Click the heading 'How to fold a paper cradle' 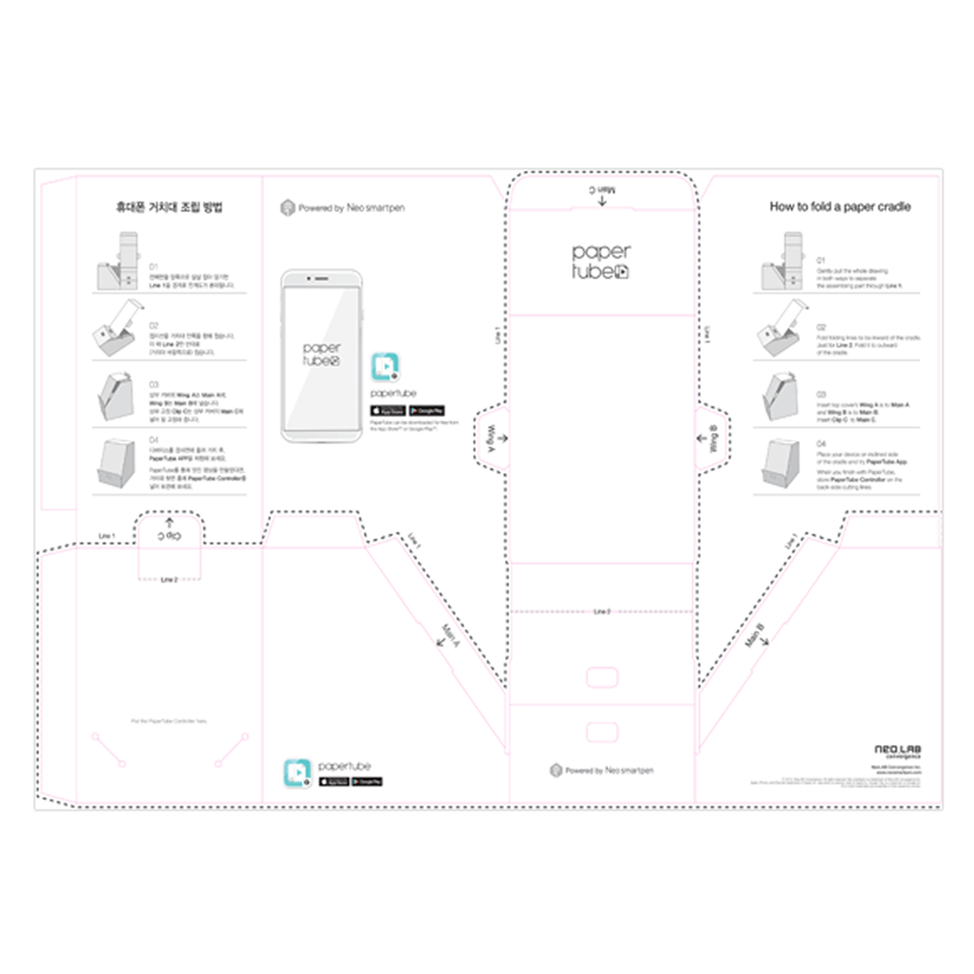point(840,206)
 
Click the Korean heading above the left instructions point(169,207)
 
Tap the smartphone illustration point(321,356)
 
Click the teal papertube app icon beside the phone point(385,367)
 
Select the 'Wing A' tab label point(492,438)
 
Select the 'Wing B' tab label point(714,439)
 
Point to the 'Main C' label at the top point(602,190)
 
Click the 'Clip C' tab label point(169,536)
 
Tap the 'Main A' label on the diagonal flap point(450,635)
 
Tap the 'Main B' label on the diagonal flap point(755,635)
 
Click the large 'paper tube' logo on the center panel point(601,261)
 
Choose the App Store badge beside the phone point(388,410)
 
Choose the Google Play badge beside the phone point(427,410)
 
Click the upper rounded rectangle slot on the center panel point(602,677)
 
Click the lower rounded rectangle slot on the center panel point(602,732)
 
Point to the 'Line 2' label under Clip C point(169,579)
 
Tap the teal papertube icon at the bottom point(297,773)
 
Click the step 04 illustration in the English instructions point(780,464)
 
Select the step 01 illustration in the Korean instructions point(119,262)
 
